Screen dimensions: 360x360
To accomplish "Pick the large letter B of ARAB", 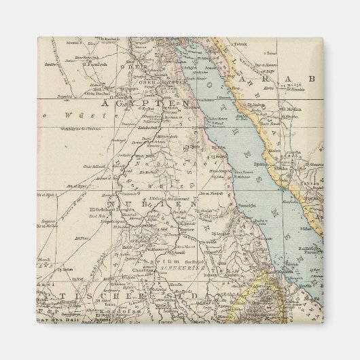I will click(x=312, y=79).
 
